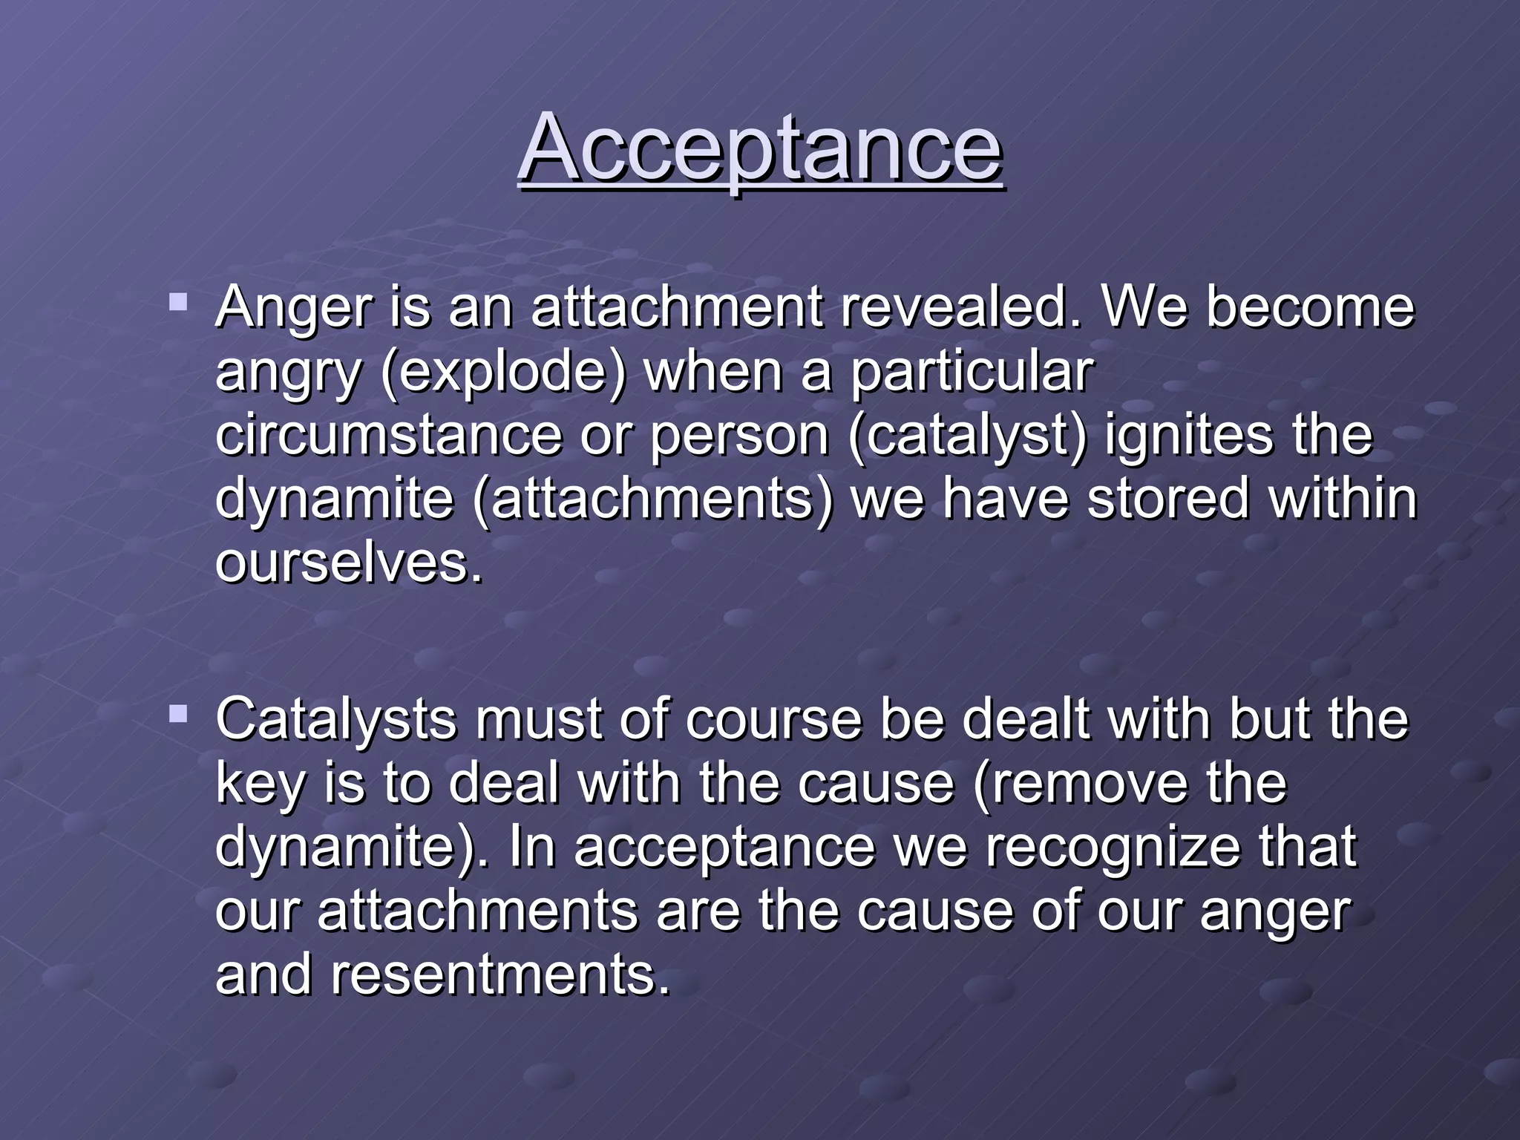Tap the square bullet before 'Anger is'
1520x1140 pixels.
pos(178,302)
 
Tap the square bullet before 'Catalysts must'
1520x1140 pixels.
pos(178,714)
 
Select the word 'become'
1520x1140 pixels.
pos(1310,307)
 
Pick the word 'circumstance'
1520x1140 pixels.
pos(388,435)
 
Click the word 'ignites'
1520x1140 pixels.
pos(1189,436)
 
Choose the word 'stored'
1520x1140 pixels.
pos(1169,499)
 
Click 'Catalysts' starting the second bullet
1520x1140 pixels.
pos(335,719)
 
